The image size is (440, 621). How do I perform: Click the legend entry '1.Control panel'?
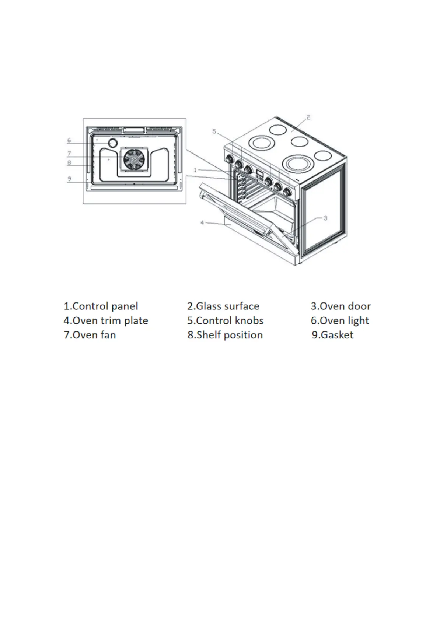(101, 306)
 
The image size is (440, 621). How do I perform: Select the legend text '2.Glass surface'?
(223, 306)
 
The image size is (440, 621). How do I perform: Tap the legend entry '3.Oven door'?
(341, 306)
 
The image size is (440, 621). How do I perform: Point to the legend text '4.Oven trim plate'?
(105, 320)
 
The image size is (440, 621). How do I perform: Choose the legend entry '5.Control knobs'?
(225, 320)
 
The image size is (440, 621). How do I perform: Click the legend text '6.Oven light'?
(339, 320)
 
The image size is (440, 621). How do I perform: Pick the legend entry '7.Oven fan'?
(90, 335)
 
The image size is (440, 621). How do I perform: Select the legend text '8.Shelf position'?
(225, 335)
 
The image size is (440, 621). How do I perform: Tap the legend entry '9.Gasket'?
(332, 335)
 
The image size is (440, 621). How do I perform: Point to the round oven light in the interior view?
(112, 143)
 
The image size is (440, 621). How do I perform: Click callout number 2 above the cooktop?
(308, 117)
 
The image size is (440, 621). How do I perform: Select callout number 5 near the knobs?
(214, 131)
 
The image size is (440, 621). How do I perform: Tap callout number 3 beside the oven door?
(325, 218)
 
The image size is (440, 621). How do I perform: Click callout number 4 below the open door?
(202, 222)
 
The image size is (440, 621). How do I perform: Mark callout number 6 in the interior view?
(69, 140)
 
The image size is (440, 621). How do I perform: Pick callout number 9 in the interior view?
(69, 179)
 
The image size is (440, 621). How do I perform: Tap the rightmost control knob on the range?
(287, 192)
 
